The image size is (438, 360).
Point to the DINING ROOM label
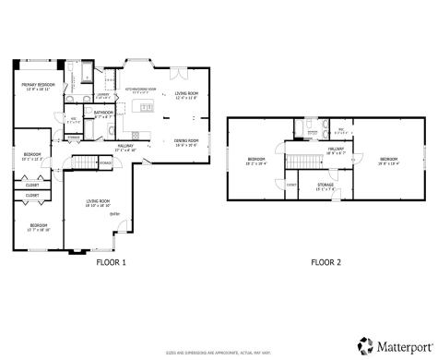pyautogui.click(x=187, y=140)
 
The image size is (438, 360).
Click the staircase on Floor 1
pyautogui.click(x=85, y=164)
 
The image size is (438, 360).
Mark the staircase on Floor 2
pyautogui.click(x=298, y=162)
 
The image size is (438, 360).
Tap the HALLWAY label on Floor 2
pyautogui.click(x=336, y=147)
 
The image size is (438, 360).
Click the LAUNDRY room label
pyautogui.click(x=103, y=94)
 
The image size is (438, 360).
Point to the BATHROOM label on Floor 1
pyautogui.click(x=103, y=114)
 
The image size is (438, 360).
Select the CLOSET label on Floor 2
pyautogui.click(x=291, y=185)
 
